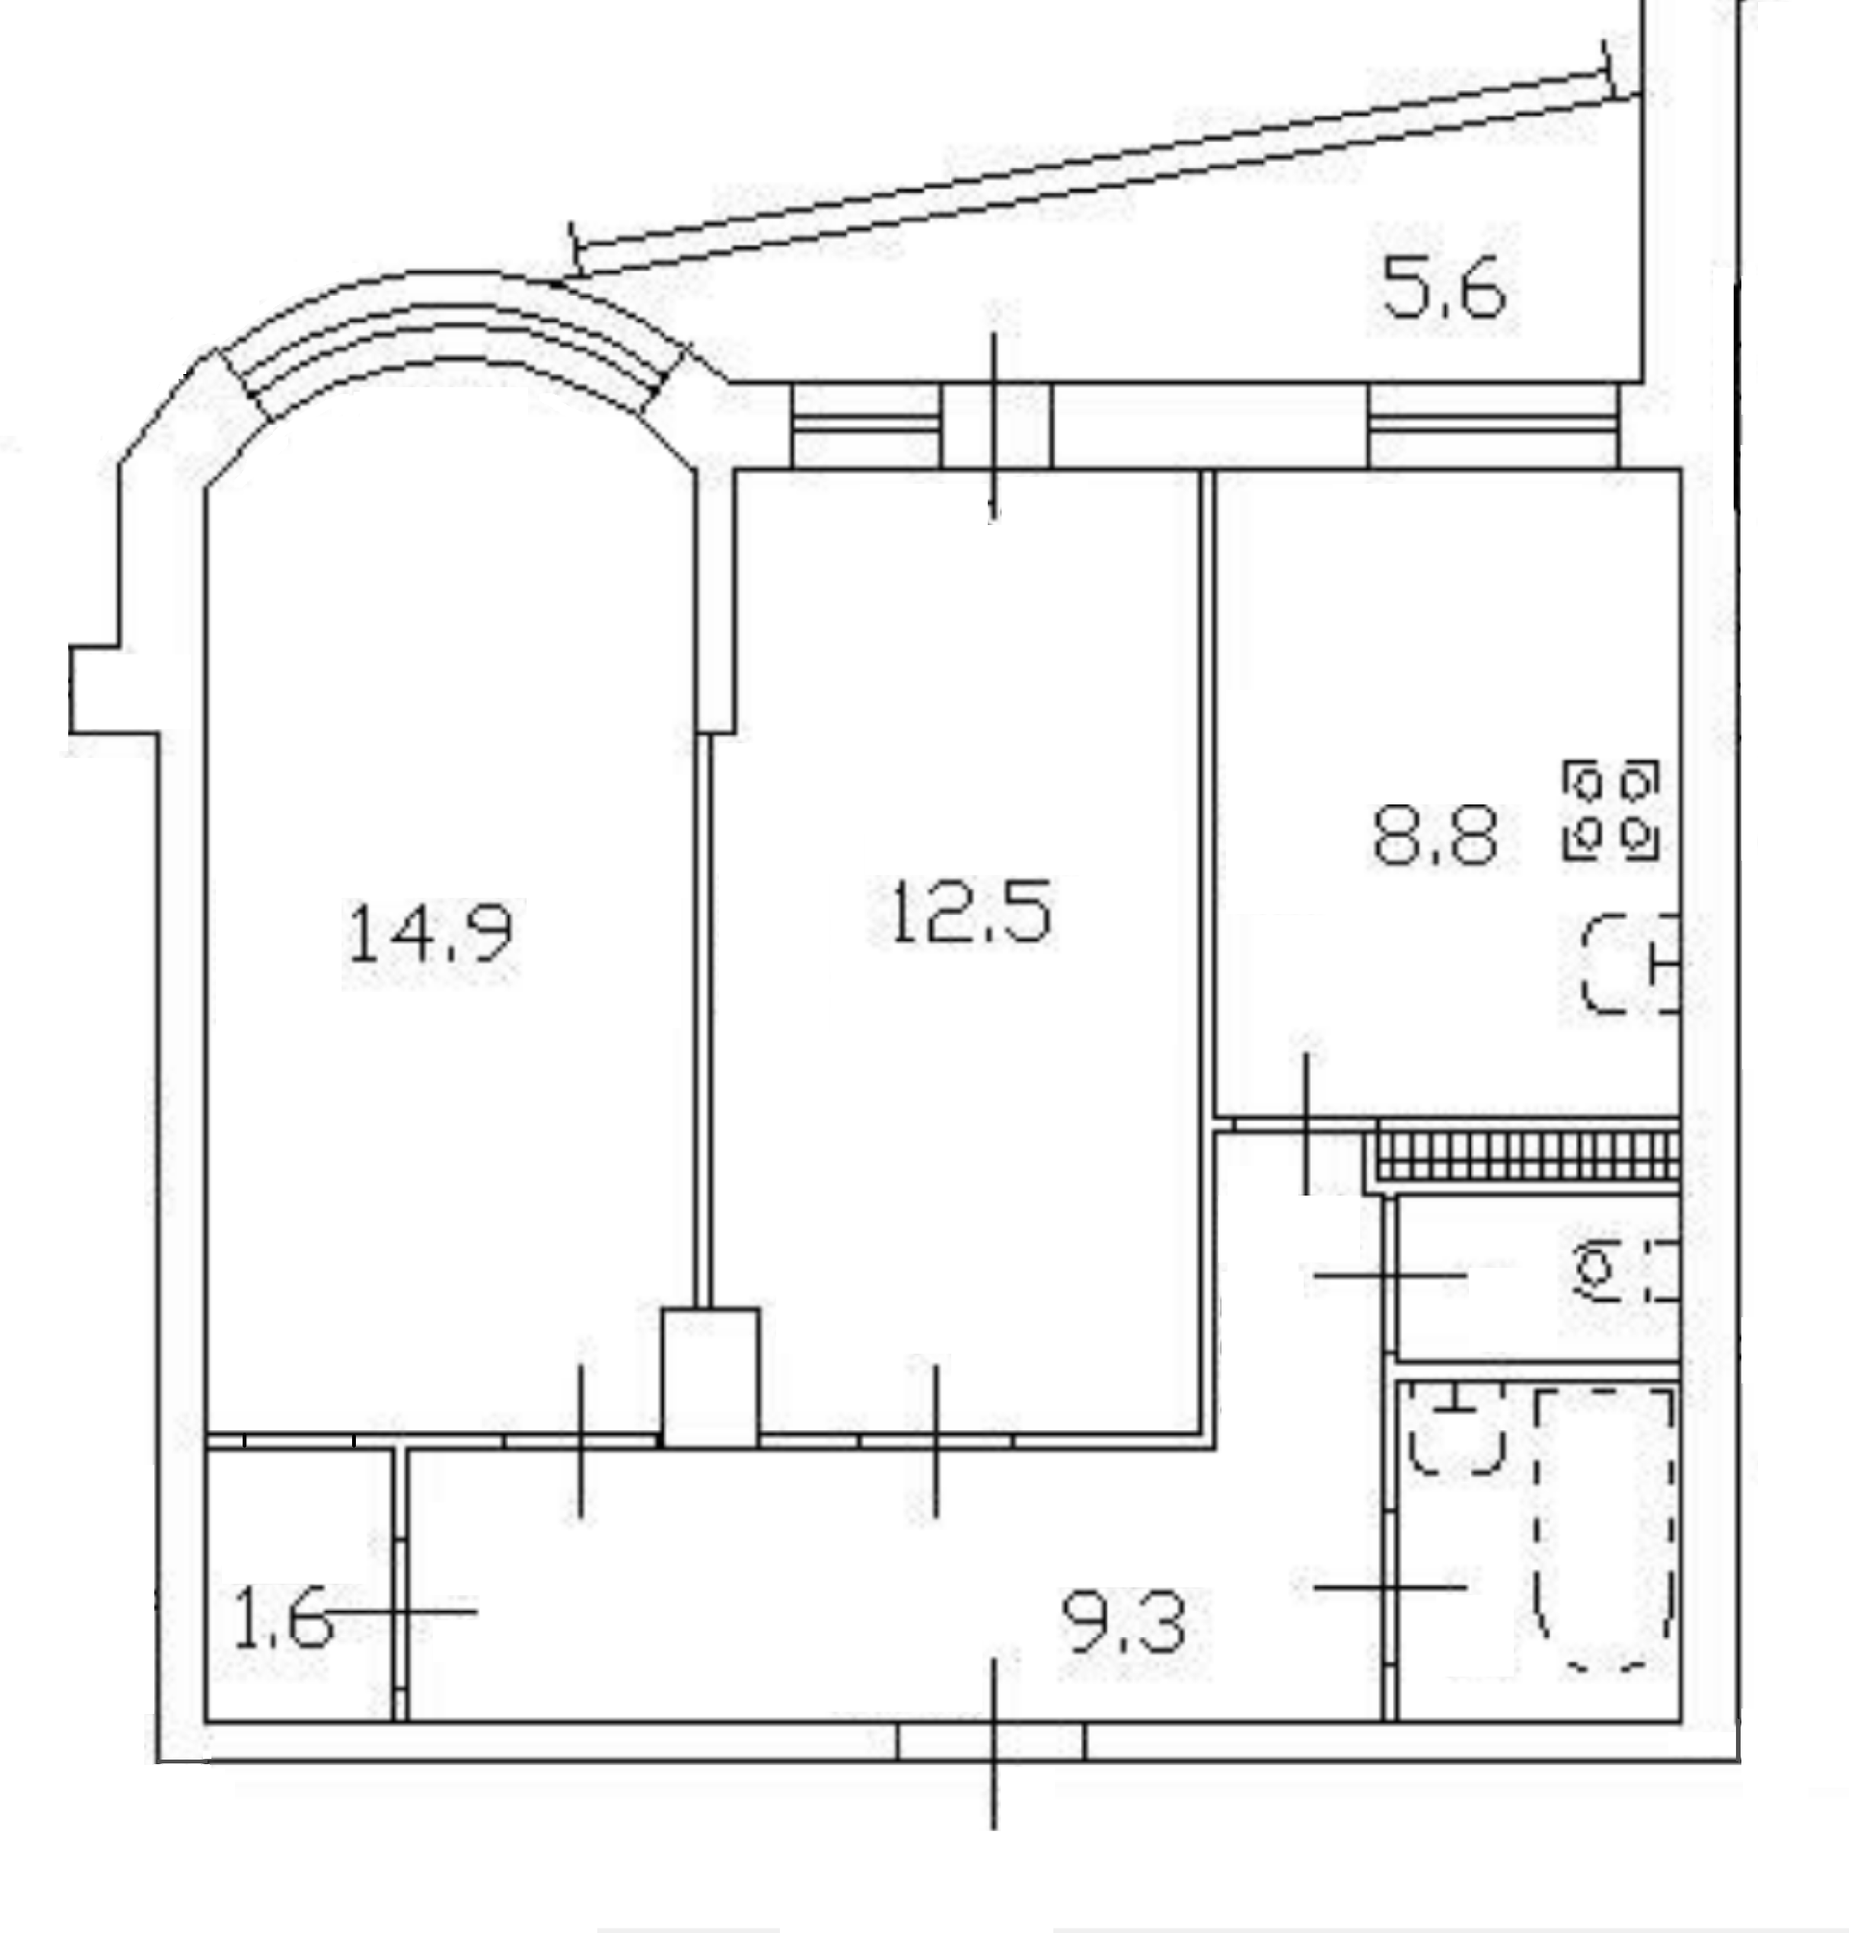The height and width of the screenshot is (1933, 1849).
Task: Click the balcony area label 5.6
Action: coord(1444,288)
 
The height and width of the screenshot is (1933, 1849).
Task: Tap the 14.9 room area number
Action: coord(430,934)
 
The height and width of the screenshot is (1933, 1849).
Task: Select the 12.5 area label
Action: coord(971,913)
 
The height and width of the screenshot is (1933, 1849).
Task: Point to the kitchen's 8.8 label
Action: coord(1435,836)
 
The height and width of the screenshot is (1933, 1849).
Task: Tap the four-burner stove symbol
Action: coord(1611,810)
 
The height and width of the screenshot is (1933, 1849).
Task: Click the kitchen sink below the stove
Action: coord(1630,964)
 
